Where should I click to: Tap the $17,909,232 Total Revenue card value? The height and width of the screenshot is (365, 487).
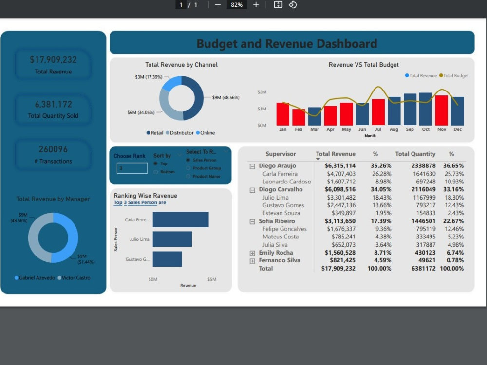pyautogui.click(x=53, y=60)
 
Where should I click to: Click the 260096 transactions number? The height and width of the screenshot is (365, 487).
pyautogui.click(x=53, y=149)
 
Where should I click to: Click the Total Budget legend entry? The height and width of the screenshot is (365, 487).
pyautogui.click(x=454, y=76)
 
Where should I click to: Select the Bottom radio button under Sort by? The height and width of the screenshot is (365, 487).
pyautogui.click(x=156, y=172)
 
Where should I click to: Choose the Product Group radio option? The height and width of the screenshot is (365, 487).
pyautogui.click(x=188, y=168)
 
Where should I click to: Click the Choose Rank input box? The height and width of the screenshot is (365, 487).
pyautogui.click(x=132, y=168)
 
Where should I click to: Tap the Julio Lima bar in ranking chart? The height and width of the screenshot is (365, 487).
pyautogui.click(x=172, y=239)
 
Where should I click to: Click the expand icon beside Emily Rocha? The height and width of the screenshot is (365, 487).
pyautogui.click(x=252, y=253)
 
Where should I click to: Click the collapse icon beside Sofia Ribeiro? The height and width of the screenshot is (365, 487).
pyautogui.click(x=252, y=221)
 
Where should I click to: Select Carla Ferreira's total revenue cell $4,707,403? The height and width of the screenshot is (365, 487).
pyautogui.click(x=341, y=174)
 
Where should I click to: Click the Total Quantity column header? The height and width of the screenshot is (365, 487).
pyautogui.click(x=415, y=154)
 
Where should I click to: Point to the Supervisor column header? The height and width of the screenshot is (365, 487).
pyautogui.click(x=281, y=154)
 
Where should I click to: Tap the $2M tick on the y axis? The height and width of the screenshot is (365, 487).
pyautogui.click(x=262, y=92)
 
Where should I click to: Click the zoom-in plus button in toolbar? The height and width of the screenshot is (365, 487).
pyautogui.click(x=256, y=5)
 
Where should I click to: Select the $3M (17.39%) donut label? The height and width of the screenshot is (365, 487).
pyautogui.click(x=149, y=77)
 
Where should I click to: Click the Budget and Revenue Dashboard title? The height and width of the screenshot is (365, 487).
pyautogui.click(x=286, y=44)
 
